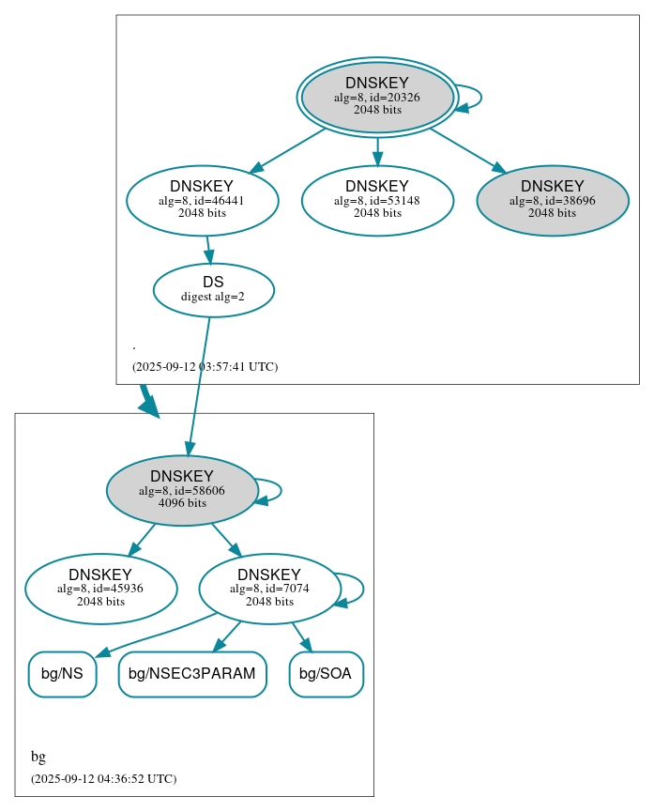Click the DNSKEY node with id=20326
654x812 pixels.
377,97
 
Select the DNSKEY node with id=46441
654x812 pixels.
202,200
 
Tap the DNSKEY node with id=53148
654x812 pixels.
377,200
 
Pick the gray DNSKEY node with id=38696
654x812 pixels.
552,200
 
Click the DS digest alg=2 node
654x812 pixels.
213,290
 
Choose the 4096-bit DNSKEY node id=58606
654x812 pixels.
182,491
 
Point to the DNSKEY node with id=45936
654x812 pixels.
100,589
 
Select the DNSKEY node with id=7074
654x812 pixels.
268,589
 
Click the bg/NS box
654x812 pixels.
62,674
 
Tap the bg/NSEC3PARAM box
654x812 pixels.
191,674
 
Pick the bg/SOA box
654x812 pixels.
326,674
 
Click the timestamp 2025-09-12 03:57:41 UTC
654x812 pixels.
205,367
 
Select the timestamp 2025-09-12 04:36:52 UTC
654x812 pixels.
103,779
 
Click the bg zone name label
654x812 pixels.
38,757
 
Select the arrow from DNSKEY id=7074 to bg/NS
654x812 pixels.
150,635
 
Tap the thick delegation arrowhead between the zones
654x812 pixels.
148,406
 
